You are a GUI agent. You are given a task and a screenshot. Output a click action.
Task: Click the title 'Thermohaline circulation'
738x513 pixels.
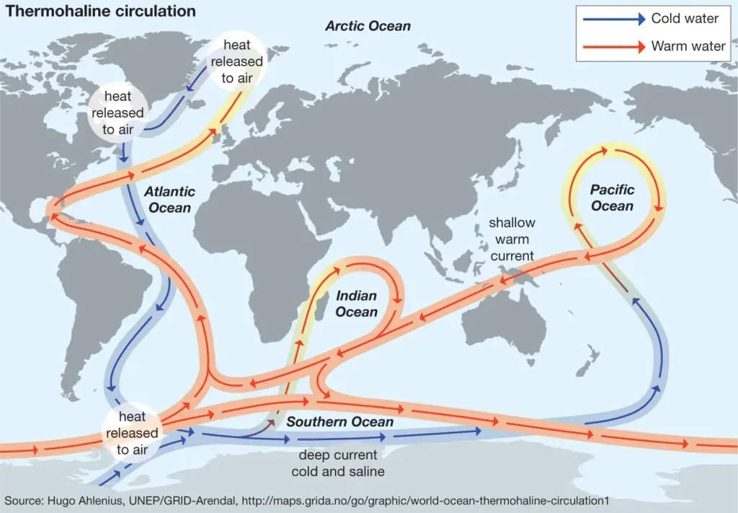(x=101, y=12)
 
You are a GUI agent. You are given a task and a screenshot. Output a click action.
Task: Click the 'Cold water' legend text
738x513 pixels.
(x=685, y=19)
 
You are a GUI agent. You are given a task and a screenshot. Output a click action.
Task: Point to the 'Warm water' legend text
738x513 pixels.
(x=688, y=46)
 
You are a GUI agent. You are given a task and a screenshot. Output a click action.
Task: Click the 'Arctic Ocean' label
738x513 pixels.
(x=368, y=26)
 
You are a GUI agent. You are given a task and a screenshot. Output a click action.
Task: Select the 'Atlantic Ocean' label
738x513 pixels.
(x=169, y=200)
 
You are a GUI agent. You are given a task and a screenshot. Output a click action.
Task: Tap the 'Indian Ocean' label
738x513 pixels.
(x=356, y=304)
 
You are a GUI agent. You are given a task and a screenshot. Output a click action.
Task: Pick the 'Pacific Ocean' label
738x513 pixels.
(x=612, y=198)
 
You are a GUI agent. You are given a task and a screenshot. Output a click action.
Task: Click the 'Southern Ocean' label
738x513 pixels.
(x=340, y=421)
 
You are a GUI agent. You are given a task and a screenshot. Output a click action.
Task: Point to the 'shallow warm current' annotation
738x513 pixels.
(x=512, y=240)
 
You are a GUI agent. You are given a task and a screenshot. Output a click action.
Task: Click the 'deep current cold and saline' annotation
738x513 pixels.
(x=337, y=463)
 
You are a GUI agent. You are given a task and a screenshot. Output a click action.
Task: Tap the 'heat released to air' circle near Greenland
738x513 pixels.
(x=237, y=61)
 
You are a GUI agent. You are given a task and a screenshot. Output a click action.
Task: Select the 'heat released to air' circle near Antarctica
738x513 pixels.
(x=132, y=434)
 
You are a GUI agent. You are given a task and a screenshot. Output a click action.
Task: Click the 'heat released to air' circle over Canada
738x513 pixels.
(x=117, y=113)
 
